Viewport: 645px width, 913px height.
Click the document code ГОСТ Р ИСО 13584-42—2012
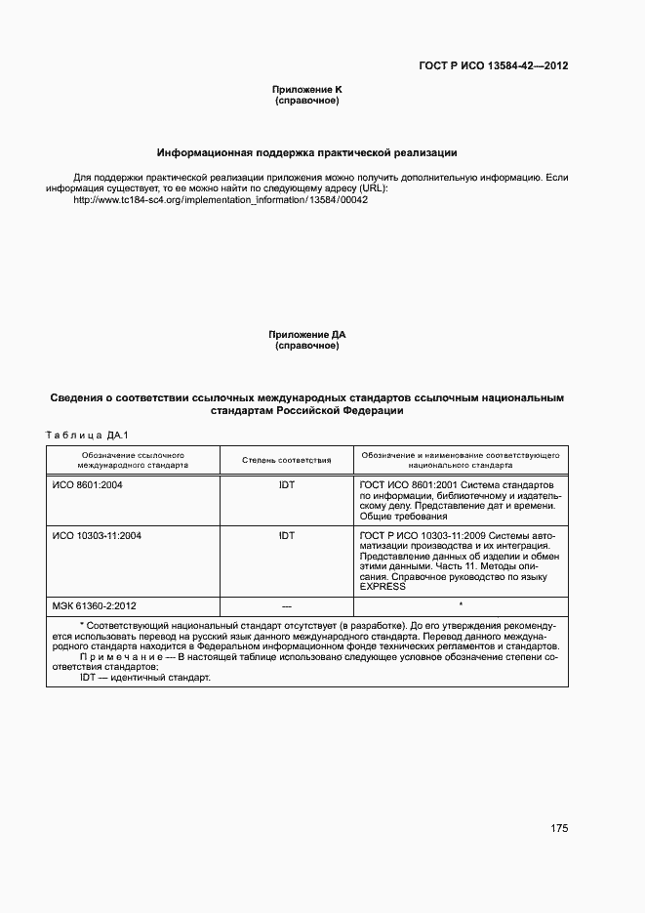pos(494,66)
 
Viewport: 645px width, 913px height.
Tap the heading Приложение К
pos(306,90)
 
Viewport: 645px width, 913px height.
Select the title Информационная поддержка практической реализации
pos(307,153)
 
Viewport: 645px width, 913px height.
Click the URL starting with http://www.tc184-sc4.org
pos(221,199)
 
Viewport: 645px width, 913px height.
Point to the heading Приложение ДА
pos(306,335)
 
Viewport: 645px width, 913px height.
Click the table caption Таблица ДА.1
pos(88,435)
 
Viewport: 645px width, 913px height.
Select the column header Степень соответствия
pos(286,460)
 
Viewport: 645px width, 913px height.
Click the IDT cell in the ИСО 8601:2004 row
pos(286,484)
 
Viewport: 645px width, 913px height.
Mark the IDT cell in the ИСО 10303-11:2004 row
pos(286,535)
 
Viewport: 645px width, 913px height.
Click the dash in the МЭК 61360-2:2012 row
pos(286,605)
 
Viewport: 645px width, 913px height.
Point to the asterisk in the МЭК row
pos(460,605)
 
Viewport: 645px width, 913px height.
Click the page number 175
pos(558,828)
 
